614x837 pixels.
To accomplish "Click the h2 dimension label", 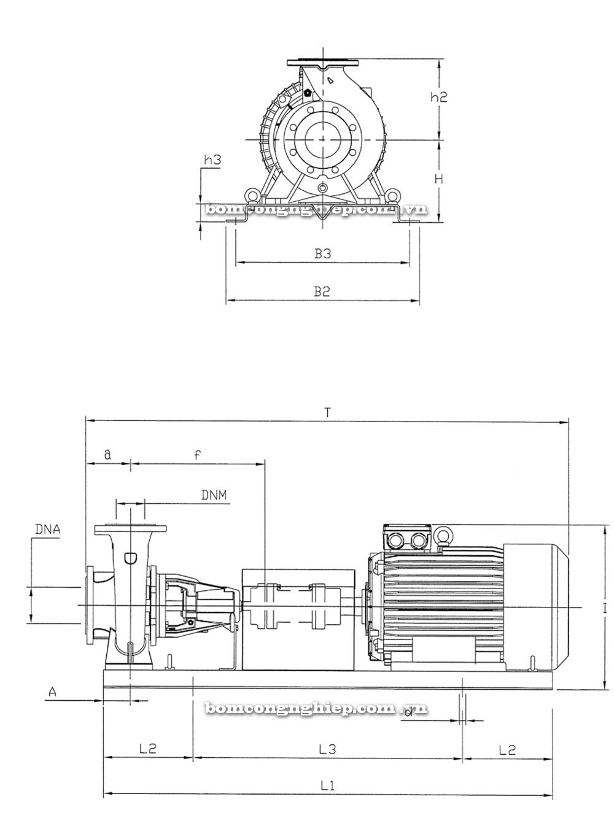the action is click(438, 97).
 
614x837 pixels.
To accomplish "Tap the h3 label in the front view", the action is click(212, 160).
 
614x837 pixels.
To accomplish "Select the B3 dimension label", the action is click(322, 253).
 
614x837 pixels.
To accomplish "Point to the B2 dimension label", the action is click(322, 291).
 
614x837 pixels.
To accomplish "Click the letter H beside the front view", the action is click(439, 179).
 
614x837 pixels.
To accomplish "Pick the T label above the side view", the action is click(327, 412).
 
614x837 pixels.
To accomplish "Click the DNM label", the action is click(214, 495).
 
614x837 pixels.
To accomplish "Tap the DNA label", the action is click(48, 530).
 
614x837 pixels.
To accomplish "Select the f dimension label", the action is click(197, 455).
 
